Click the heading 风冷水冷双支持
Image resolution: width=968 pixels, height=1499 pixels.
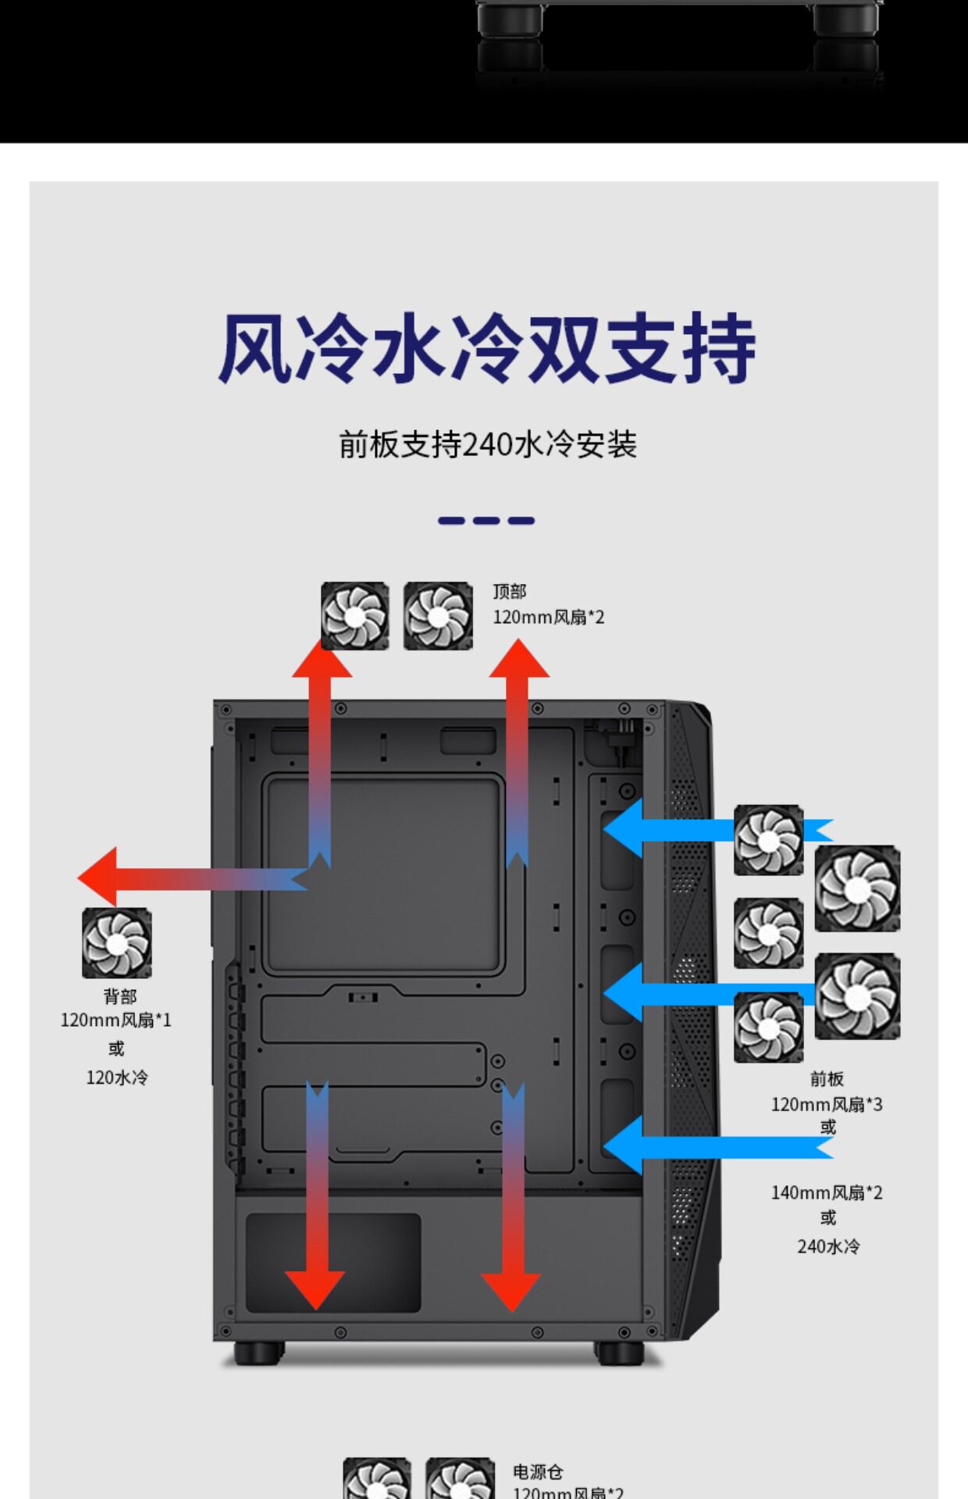[486, 348]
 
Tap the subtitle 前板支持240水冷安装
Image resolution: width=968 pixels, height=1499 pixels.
[488, 445]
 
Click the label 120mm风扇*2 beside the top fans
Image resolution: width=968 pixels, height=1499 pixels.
[548, 618]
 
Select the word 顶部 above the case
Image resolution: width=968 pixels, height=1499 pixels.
[509, 592]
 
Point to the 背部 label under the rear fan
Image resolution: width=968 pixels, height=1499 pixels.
[119, 996]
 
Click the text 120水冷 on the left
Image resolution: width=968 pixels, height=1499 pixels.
[116, 1077]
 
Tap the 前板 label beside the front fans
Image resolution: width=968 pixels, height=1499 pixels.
[827, 1079]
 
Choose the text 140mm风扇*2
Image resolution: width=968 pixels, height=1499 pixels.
[827, 1193]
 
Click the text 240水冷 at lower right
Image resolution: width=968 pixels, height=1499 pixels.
[828, 1246]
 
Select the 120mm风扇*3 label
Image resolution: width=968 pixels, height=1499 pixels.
[827, 1105]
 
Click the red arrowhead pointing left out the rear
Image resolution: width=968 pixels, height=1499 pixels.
[98, 877]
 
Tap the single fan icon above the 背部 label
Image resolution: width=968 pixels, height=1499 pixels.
[117, 943]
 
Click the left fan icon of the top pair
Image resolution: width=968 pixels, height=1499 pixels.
[355, 616]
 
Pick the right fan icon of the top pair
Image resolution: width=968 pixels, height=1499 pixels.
[438, 616]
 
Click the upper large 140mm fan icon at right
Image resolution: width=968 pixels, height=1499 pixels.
[857, 888]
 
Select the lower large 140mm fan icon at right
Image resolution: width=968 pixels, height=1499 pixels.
[857, 997]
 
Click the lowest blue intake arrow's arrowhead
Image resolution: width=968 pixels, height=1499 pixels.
[624, 1146]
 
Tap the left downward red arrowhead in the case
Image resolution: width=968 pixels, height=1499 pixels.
[315, 1288]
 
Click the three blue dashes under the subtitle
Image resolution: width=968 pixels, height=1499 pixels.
[486, 521]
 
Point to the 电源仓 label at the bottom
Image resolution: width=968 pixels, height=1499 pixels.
[538, 1472]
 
